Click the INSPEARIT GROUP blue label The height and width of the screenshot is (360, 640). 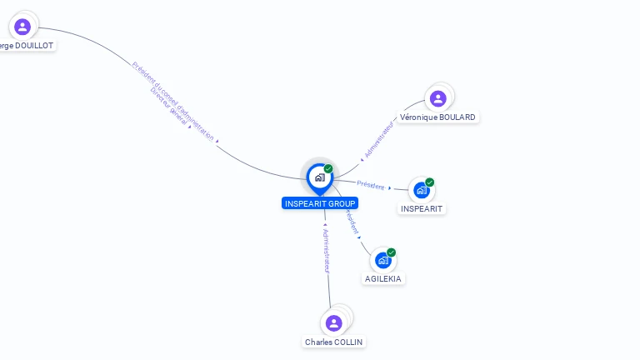320,203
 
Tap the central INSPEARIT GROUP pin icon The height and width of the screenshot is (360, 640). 319,177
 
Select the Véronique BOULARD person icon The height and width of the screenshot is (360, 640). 437,99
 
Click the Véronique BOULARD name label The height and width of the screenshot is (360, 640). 437,117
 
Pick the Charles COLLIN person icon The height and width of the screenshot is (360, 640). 334,322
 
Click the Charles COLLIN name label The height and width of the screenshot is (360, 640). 334,342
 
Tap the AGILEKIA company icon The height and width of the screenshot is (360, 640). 383,261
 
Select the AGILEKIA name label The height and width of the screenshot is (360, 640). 383,278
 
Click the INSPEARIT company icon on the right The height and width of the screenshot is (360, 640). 421,191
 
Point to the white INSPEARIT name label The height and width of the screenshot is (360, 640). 422,208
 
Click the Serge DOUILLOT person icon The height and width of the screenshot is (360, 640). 22,27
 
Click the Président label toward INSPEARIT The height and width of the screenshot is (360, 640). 371,185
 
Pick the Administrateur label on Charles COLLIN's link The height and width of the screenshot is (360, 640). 326,251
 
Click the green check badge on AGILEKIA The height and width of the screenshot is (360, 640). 391,252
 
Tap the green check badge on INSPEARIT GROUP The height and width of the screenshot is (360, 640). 328,169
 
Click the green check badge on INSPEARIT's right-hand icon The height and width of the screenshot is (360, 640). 429,182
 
